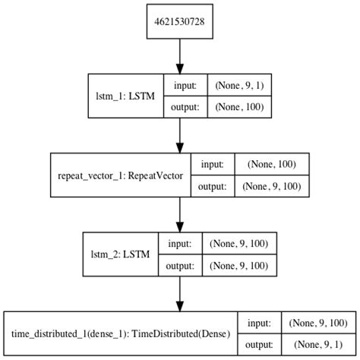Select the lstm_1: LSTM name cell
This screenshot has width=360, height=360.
(126, 98)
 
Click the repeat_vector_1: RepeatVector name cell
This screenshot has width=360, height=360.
(119, 174)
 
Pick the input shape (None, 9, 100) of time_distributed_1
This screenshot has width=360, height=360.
(317, 323)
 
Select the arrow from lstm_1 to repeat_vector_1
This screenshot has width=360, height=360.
(180, 135)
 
